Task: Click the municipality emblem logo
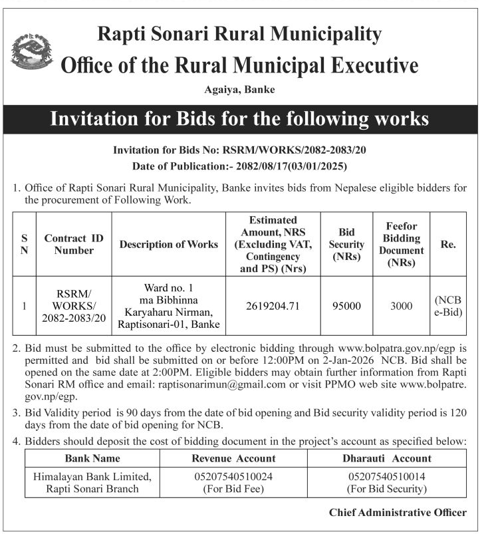coord(31,54)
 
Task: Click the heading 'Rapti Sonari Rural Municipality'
coord(239,34)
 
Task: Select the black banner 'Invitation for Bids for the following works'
coord(240,120)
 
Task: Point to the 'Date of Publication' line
coord(239,166)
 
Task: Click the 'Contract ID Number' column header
coord(74,244)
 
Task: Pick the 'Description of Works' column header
coord(169,244)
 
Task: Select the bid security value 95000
coord(346,306)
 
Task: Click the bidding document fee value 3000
coord(402,306)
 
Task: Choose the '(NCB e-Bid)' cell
coord(449,306)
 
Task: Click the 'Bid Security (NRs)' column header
coord(346,244)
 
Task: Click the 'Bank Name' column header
coord(92,458)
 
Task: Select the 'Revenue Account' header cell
coord(233,458)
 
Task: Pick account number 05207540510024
coord(233,477)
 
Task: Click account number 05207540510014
coord(386,477)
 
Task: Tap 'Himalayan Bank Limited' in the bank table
coord(92,477)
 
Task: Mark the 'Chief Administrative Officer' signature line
coord(398,512)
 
